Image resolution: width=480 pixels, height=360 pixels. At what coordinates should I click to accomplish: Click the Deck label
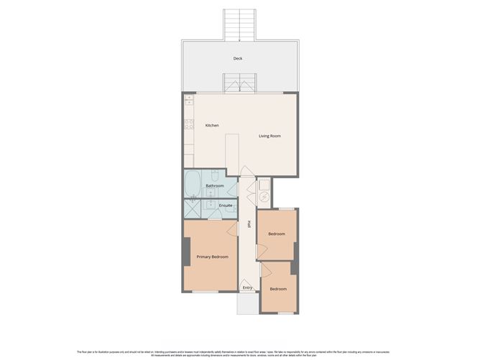[x=237, y=59]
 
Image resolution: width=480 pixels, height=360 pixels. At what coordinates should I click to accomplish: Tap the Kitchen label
[x=212, y=126]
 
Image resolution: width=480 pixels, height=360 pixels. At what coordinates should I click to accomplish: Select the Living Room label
[x=269, y=136]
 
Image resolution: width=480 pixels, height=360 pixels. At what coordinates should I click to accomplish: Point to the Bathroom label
[x=215, y=186]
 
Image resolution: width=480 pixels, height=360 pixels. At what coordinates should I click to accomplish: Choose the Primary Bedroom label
[x=212, y=257]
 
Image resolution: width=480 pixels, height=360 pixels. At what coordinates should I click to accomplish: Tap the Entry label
[x=247, y=287]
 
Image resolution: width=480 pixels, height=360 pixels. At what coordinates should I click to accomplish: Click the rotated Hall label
[x=249, y=224]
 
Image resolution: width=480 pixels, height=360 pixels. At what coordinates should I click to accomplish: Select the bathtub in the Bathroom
[x=193, y=185]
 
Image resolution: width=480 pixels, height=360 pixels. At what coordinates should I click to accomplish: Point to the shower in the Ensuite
[x=193, y=209]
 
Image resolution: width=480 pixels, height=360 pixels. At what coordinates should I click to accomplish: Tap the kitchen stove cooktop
[x=189, y=124]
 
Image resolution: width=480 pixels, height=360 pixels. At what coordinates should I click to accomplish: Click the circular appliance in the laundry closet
[x=264, y=196]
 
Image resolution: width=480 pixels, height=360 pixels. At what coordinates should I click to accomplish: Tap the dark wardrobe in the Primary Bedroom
[x=186, y=251]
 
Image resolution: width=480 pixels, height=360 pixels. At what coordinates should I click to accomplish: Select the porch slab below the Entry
[x=246, y=303]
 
